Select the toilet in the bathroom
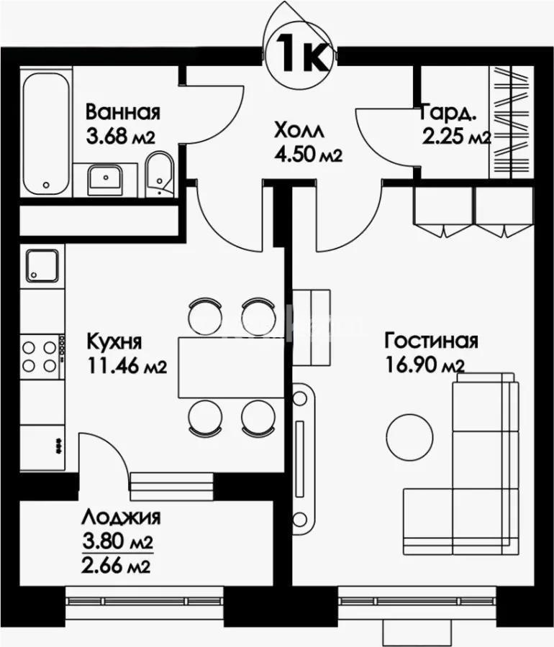pyautogui.click(x=158, y=175)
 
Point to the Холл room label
pyautogui.click(x=298, y=132)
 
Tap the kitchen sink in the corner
pyautogui.click(x=42, y=265)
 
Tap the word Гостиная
pyautogui.click(x=431, y=340)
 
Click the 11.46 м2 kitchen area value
pyautogui.click(x=126, y=366)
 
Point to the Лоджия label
pyautogui.click(x=120, y=517)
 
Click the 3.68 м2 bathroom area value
pyautogui.click(x=121, y=137)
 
